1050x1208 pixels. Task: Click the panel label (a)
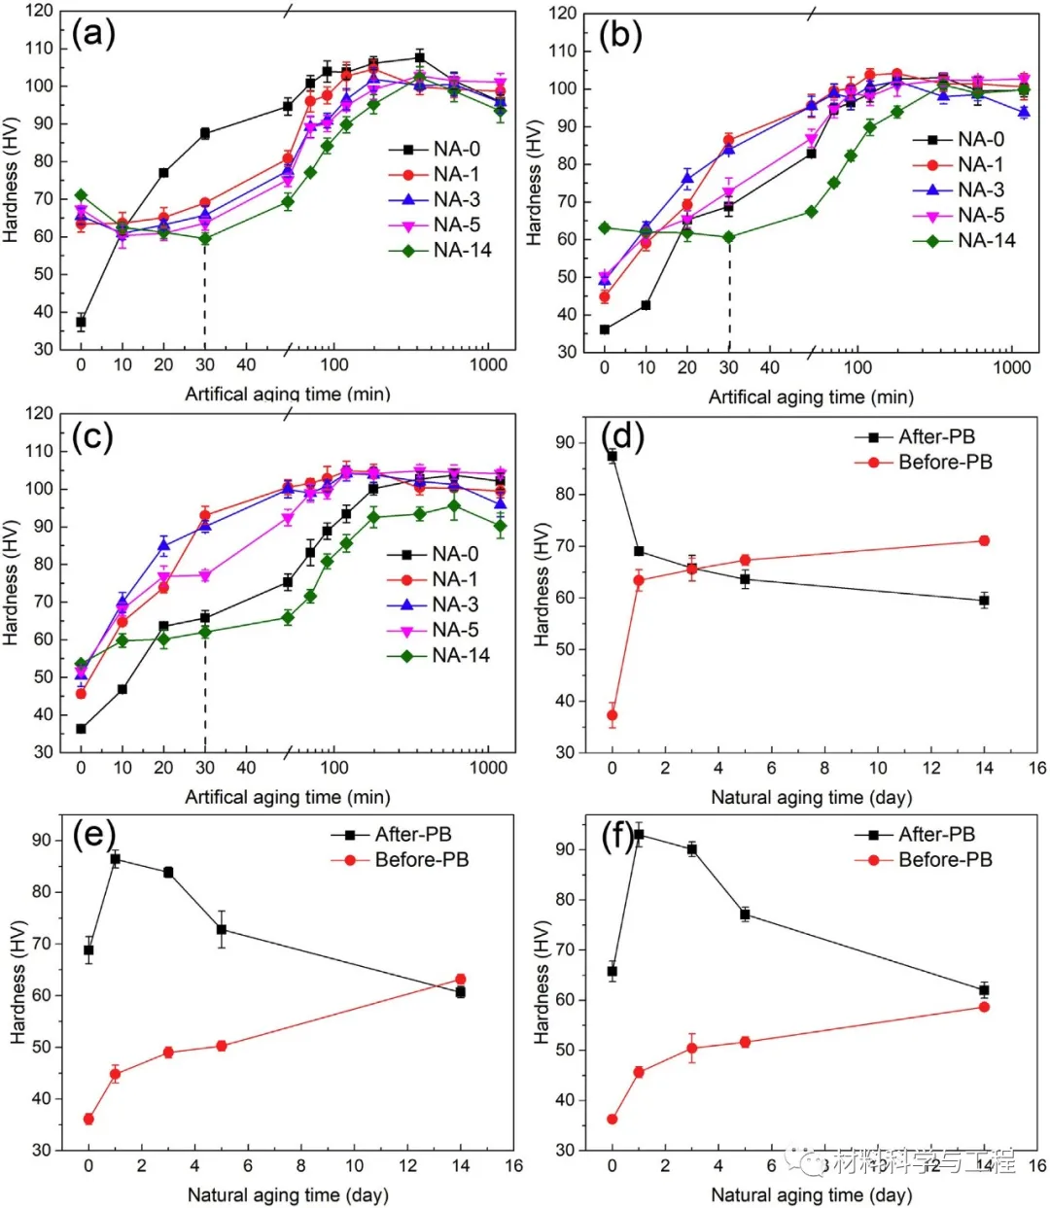93,35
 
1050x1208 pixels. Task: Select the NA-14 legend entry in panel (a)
462,251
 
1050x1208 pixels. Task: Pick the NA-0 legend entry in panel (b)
980,140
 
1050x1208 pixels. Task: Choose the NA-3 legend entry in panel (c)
455,604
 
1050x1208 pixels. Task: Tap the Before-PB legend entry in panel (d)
944,463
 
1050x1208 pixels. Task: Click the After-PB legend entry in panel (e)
413,835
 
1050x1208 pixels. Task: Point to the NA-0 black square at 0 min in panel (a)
81,322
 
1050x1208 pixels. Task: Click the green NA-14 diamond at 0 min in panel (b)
605,228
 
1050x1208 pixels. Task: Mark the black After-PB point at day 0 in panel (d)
612,456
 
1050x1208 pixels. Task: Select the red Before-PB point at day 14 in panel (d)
984,540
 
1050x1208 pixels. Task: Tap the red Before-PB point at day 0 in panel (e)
88,1119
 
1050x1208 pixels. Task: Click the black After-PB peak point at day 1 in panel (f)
639,835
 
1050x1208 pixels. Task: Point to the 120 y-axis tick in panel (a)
41,11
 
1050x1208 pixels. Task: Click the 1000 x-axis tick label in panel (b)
1012,367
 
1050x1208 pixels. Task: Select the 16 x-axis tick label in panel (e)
513,1166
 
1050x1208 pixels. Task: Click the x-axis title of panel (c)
288,798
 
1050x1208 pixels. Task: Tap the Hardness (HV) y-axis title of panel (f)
542,982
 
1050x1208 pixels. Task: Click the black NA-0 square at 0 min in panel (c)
81,729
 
